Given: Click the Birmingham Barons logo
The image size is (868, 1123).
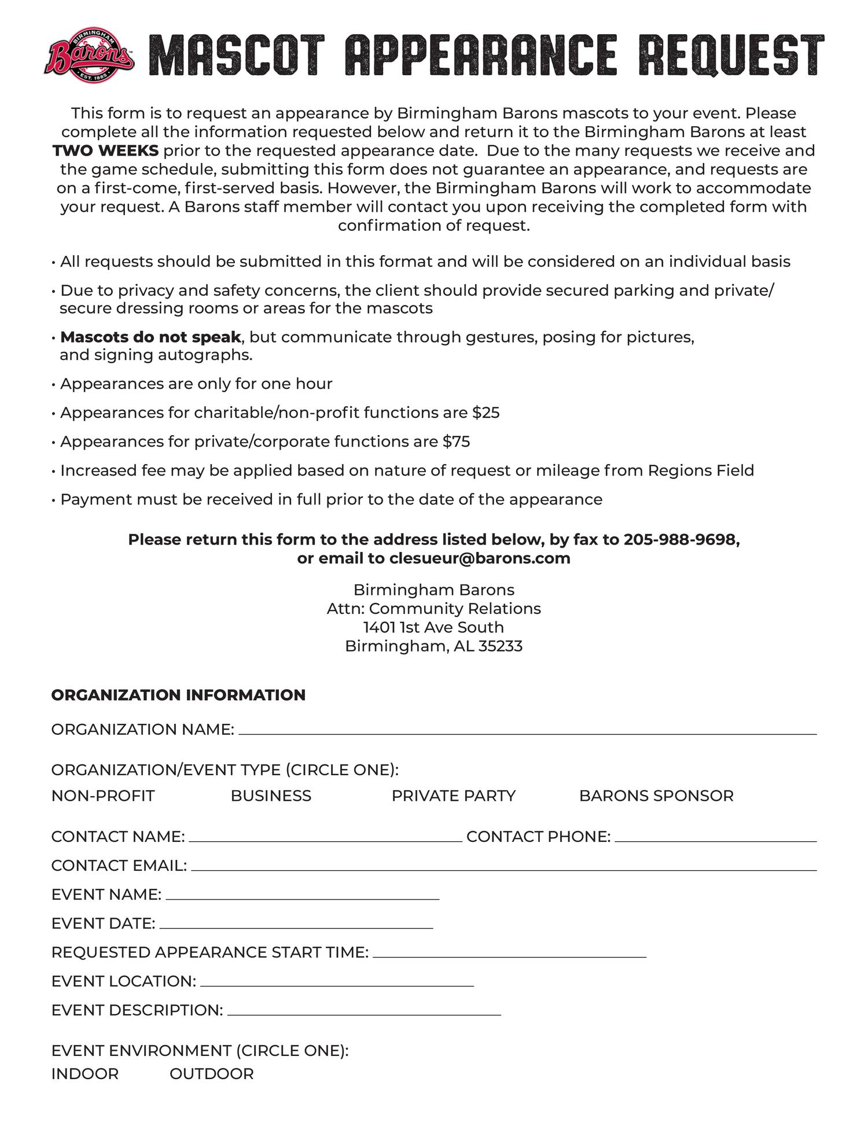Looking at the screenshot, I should tap(90, 56).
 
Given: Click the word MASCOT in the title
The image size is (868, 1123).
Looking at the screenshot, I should tap(237, 56).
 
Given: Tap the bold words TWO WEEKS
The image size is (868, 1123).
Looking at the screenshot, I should tap(105, 151).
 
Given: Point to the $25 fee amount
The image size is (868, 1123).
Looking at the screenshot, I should tap(486, 413).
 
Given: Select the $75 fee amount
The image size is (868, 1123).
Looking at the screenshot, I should tap(456, 442).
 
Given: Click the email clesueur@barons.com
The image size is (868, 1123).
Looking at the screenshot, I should tap(480, 558).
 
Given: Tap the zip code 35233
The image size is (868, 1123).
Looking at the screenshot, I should tap(501, 646).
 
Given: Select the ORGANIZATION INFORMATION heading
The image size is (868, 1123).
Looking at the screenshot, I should tap(178, 695).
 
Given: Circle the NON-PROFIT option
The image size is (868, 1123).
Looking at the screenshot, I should tap(103, 796).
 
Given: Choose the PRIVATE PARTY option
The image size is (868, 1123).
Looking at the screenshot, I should tap(453, 796).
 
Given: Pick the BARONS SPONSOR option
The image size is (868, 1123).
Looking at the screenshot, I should tap(656, 796).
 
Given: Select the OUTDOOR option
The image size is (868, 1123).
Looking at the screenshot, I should tap(212, 1074).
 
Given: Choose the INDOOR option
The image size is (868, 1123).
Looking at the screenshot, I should tap(85, 1074).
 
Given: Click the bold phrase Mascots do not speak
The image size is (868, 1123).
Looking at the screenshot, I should tap(150, 337).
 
